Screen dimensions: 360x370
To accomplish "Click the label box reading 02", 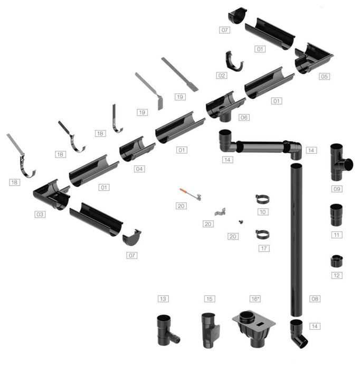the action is coord(222,76).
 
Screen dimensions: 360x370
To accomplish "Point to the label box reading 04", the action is coord(139,169).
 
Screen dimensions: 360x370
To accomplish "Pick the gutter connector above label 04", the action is coord(137,149).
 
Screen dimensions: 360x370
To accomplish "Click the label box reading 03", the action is coord(40,215).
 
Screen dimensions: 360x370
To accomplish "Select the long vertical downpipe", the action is coord(296,239).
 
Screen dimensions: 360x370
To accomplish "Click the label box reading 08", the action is coord(315,299).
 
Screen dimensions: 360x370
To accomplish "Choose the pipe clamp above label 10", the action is coord(262,199).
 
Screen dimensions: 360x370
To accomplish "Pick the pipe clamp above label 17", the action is coord(262,235).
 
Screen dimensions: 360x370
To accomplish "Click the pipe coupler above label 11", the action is coord(336,215).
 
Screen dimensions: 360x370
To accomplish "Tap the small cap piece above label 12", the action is coord(336,261).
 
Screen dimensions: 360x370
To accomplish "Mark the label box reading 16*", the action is coord(255,299).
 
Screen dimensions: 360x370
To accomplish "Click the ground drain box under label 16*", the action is coord(254,328).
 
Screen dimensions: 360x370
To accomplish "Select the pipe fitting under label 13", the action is coord(166,330).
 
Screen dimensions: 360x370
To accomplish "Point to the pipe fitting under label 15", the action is coord(210,330).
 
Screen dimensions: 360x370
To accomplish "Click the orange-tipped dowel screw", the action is coord(191,195).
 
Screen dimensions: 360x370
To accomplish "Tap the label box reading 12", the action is coord(337,275).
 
